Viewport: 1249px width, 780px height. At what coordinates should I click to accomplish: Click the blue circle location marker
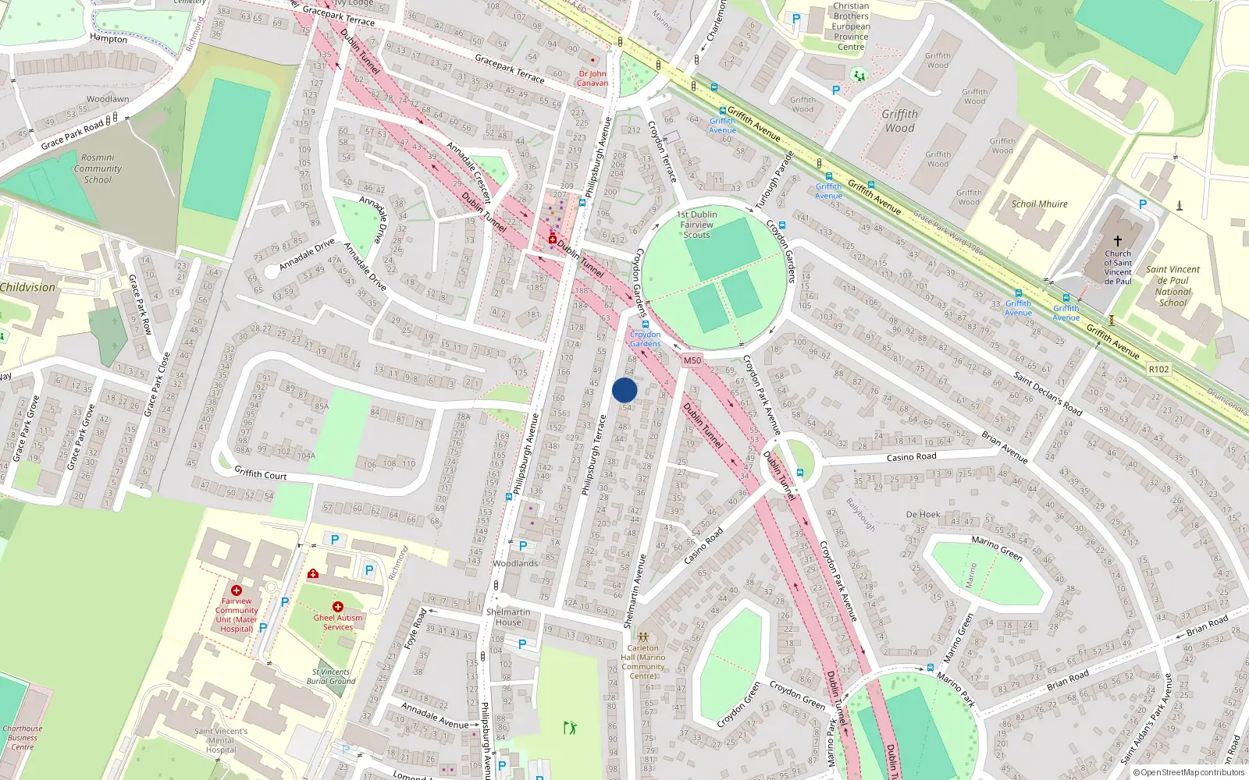coord(624,390)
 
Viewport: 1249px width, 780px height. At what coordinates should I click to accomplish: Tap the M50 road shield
coord(692,360)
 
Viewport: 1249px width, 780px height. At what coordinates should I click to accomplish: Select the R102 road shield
coord(1159,369)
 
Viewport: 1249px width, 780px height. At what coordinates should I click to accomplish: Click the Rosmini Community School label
coord(98,168)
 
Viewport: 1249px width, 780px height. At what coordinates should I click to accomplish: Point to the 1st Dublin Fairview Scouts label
coord(696,225)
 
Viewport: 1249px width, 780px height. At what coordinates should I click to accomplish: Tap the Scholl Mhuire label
coord(1039,204)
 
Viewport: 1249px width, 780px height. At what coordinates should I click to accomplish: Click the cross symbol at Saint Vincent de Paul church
coord(1118,241)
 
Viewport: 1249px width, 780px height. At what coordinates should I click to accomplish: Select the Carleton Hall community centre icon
coord(643,636)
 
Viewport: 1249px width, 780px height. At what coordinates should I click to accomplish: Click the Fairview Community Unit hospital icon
coord(237,590)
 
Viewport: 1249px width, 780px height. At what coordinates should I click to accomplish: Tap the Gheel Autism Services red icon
coord(338,606)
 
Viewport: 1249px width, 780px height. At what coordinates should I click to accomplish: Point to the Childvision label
coord(28,287)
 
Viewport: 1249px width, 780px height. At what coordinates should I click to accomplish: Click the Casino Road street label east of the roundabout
coord(911,457)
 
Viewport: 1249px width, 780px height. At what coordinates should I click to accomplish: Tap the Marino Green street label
coord(997,548)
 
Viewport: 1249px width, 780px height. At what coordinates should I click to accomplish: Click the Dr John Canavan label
coord(592,78)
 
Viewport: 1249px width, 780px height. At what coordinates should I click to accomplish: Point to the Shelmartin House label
coord(508,617)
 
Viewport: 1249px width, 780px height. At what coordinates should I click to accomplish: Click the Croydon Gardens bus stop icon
coord(645,324)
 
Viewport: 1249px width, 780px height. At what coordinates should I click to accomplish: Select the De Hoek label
coord(923,515)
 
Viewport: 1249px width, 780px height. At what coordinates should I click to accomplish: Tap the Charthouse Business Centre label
coord(22,738)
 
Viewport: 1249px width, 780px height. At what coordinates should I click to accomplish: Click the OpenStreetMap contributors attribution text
coord(1189,773)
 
